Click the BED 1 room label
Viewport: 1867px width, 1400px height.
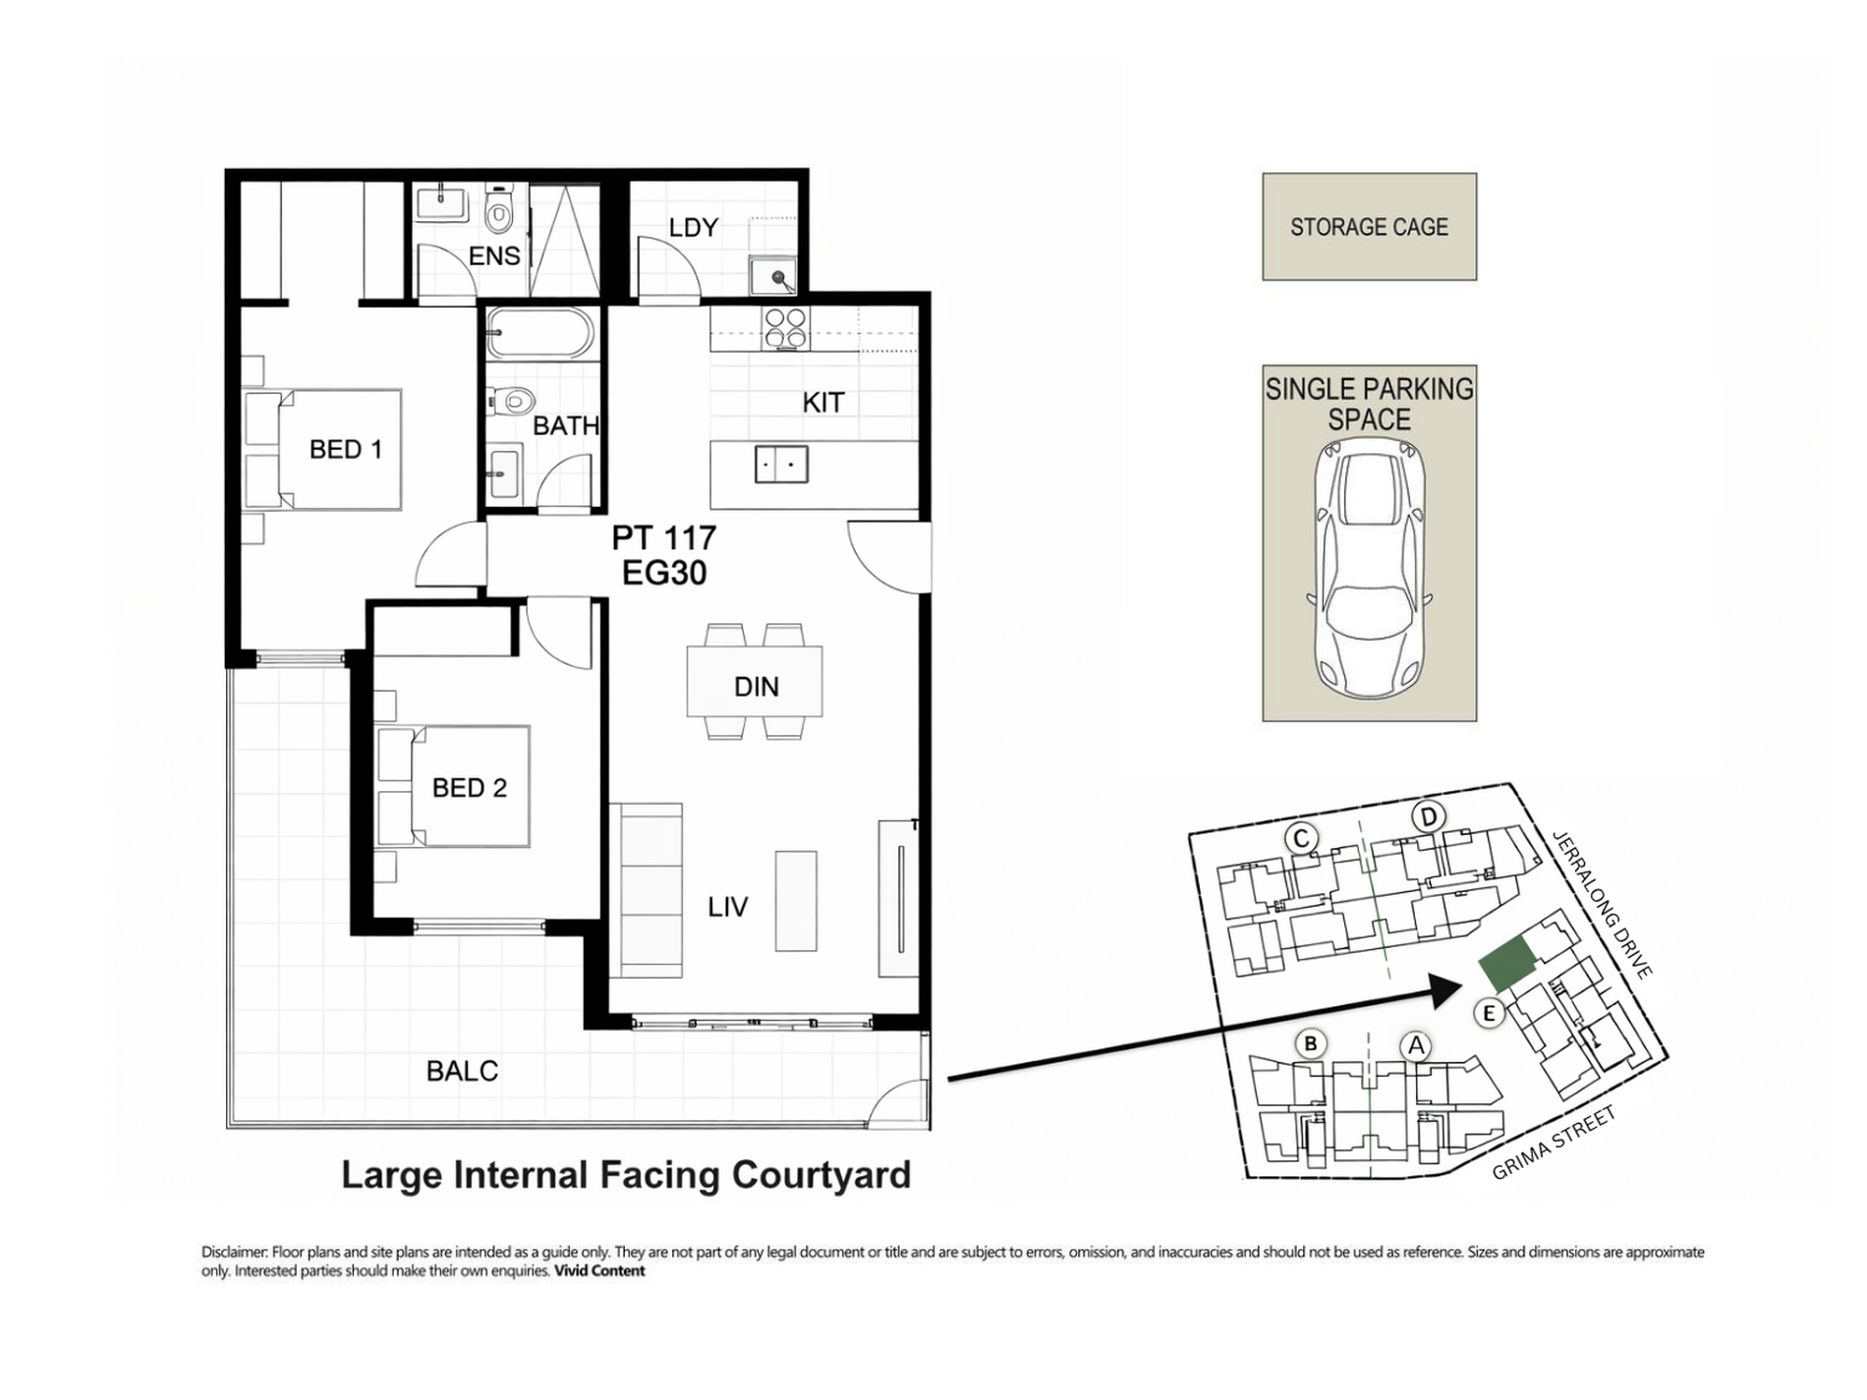click(x=345, y=449)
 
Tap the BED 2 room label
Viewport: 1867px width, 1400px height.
click(x=469, y=787)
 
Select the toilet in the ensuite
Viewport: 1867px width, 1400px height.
click(x=499, y=209)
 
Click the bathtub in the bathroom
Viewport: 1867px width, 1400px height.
click(x=539, y=333)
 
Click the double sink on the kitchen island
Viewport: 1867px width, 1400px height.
click(x=781, y=464)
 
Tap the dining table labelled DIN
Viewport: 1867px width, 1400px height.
click(x=755, y=681)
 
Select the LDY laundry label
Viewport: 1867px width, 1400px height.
click(x=693, y=228)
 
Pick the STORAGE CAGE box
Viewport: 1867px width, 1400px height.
click(x=1369, y=227)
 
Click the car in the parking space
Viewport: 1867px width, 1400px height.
click(x=1369, y=570)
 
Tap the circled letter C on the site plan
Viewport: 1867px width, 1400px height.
click(x=1301, y=839)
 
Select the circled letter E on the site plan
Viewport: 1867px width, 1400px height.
click(x=1489, y=1013)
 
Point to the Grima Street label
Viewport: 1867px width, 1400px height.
click(x=1554, y=1144)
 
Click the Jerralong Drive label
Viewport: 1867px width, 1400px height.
click(x=1602, y=904)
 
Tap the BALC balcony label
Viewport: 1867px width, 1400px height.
click(x=462, y=1071)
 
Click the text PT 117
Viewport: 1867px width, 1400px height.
click(x=664, y=537)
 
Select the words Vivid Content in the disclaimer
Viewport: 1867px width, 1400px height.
click(x=599, y=1270)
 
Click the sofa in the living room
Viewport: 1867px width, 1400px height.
click(x=646, y=890)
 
